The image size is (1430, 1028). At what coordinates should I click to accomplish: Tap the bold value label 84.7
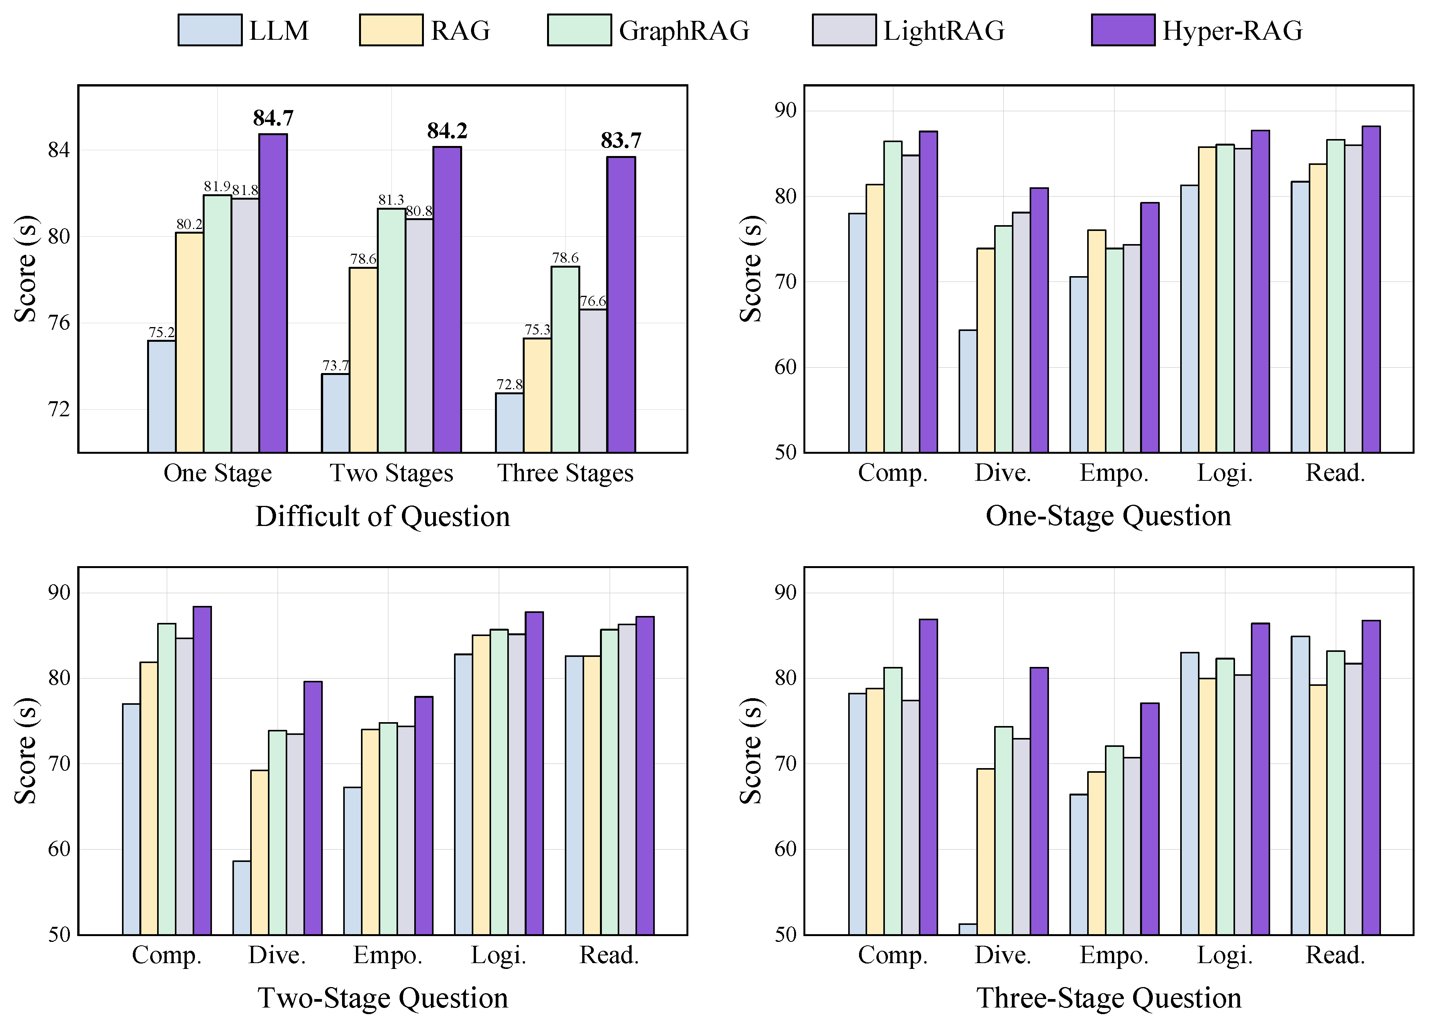(273, 118)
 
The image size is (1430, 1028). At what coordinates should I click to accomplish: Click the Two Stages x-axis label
(391, 473)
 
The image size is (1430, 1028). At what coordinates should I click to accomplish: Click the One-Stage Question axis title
(1108, 516)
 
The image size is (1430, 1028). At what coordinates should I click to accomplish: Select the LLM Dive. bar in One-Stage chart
(968, 391)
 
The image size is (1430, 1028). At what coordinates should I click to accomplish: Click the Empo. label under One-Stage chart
(1114, 473)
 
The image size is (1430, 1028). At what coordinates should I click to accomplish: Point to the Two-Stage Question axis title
(382, 998)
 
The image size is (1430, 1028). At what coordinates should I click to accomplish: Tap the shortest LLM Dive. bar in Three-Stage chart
(968, 929)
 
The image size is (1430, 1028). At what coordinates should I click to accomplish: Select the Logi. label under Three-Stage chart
(1225, 955)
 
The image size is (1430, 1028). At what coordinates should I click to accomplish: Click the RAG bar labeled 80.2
(189, 343)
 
